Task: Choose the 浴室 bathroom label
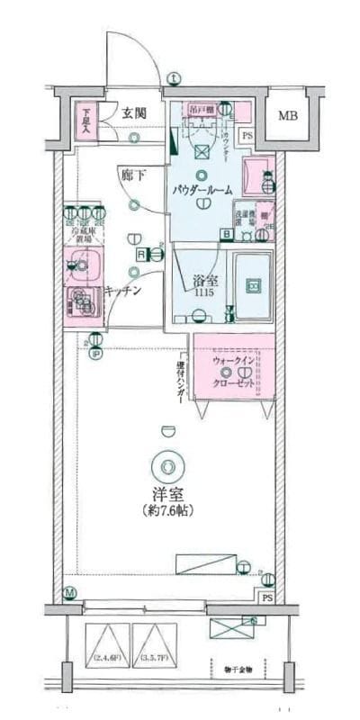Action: [x=202, y=281]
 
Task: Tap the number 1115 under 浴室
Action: [x=202, y=293]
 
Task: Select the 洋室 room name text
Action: [x=168, y=493]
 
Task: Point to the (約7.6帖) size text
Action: [x=168, y=510]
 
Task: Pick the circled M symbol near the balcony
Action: [x=70, y=593]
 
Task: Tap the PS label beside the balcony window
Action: [x=267, y=598]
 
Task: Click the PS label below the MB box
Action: [x=247, y=136]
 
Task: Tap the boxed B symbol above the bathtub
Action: [x=226, y=236]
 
